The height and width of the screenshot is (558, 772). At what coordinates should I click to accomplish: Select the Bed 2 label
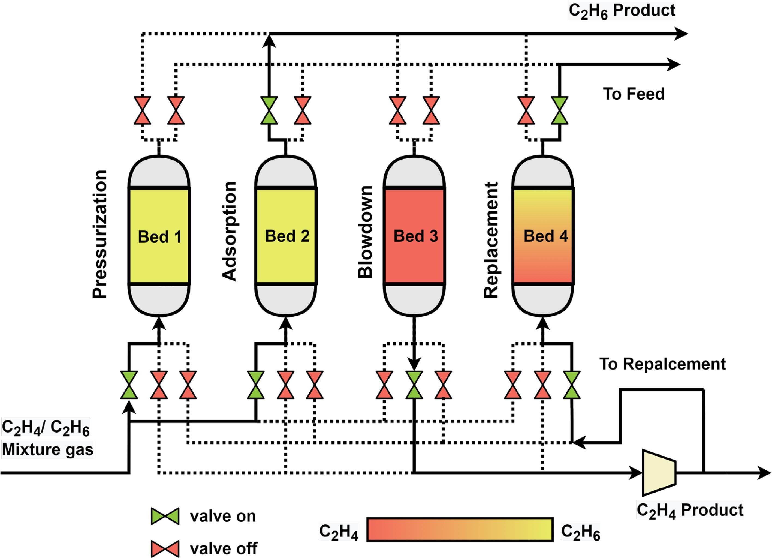[x=287, y=236]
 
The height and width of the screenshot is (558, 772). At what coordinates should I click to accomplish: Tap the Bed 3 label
[x=415, y=236]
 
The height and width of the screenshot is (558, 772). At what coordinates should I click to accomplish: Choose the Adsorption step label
[x=229, y=232]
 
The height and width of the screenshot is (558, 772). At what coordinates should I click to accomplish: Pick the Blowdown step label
[x=366, y=232]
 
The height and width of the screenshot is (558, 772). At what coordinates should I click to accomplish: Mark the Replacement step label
[x=491, y=240]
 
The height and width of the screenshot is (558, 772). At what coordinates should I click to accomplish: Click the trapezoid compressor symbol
[x=658, y=473]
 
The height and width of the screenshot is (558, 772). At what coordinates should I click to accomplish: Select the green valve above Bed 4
[x=560, y=110]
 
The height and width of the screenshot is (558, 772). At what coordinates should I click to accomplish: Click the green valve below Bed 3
[x=414, y=385]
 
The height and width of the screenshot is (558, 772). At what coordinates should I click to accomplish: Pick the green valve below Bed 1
[x=129, y=385]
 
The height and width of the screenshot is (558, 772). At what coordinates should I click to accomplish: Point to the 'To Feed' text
[x=634, y=94]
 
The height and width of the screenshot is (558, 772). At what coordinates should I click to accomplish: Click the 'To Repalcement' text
[x=662, y=364]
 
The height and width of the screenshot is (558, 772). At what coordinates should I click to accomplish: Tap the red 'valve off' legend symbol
[x=165, y=548]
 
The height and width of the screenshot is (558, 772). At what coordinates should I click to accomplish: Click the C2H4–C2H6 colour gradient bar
[x=460, y=529]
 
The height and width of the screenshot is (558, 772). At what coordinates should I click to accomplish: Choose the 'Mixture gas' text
[x=48, y=449]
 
